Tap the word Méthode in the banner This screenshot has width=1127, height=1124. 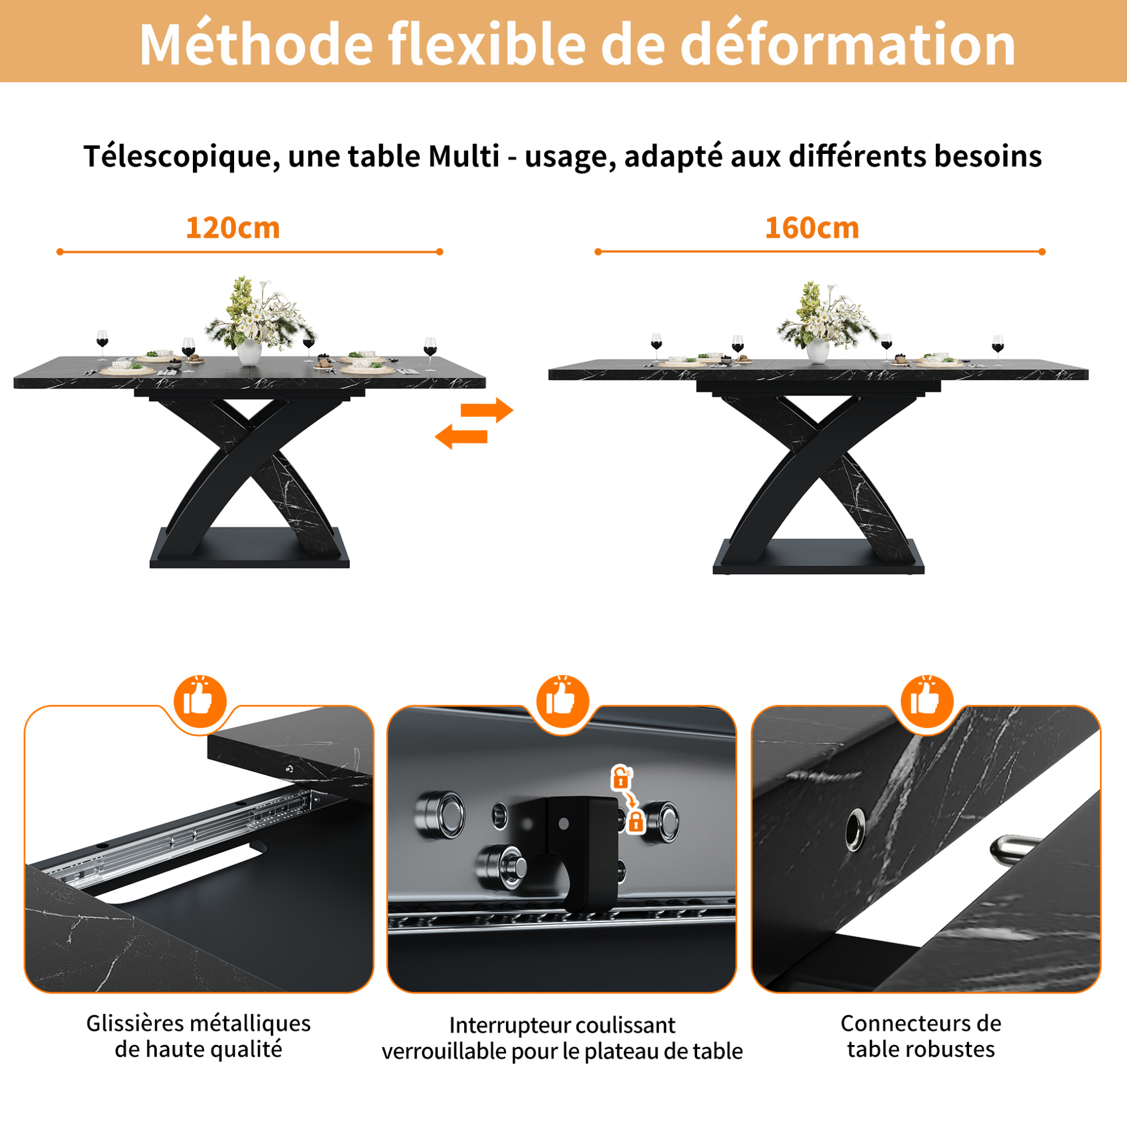[256, 44]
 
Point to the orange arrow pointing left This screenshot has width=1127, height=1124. [461, 436]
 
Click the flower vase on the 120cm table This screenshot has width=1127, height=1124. [249, 352]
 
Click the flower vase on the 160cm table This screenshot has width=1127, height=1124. [817, 350]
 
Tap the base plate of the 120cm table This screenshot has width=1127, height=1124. [250, 548]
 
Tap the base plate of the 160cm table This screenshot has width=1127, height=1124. [818, 557]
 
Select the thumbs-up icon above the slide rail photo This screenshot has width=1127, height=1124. [200, 702]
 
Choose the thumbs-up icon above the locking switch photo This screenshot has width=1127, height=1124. [563, 702]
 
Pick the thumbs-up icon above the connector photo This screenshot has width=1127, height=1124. [927, 702]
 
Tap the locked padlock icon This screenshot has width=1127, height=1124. [635, 822]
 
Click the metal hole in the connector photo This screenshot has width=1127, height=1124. [855, 829]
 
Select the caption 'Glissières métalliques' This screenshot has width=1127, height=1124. [199, 1024]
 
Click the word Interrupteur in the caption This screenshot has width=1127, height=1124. [507, 1026]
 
